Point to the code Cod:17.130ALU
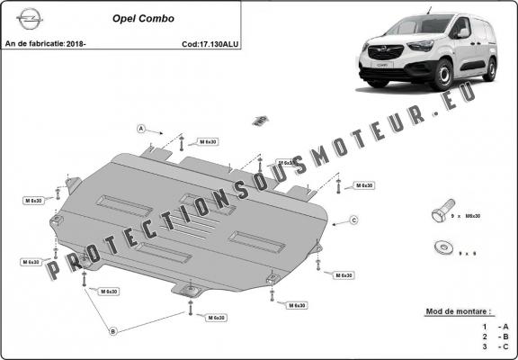click(x=210, y=42)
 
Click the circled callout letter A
click(x=141, y=129)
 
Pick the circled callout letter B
click(x=113, y=331)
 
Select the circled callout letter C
click(x=353, y=220)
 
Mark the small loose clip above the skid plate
click(x=261, y=120)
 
